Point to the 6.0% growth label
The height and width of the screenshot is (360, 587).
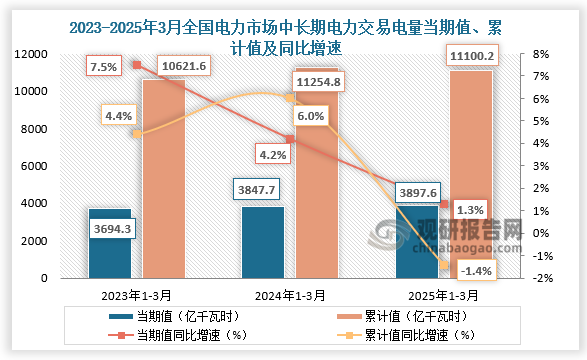click(312, 117)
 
